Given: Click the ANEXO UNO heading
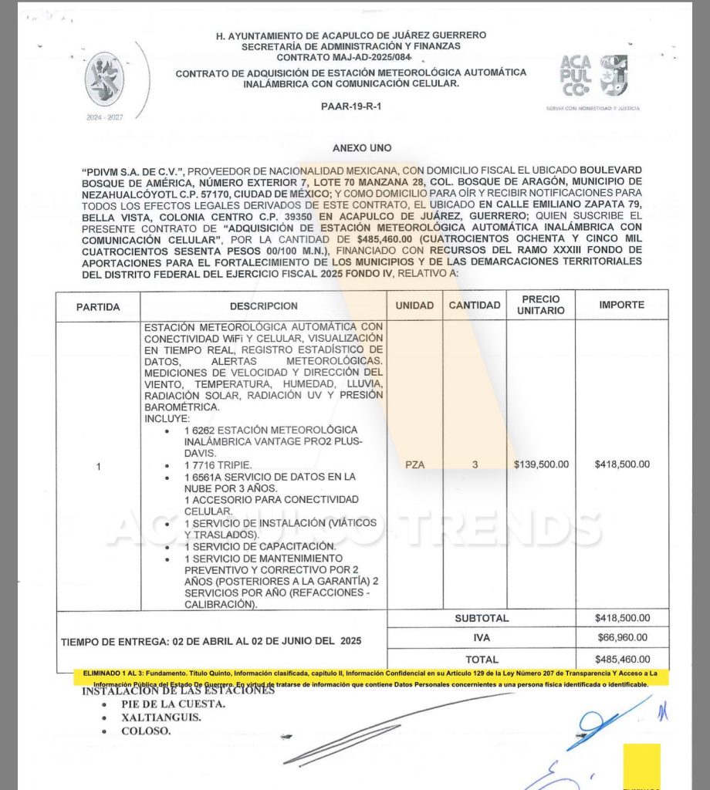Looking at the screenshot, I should (361, 147).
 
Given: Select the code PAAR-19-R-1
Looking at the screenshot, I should (350, 106).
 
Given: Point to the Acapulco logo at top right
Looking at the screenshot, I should (594, 78).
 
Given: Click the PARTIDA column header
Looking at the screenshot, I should (98, 306).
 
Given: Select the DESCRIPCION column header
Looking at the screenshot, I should (263, 306).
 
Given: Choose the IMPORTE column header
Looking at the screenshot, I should (621, 306).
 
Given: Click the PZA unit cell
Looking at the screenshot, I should (414, 465).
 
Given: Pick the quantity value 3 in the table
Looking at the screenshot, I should (475, 465).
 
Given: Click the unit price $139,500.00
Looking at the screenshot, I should (541, 465).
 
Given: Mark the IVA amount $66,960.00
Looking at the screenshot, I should (622, 638).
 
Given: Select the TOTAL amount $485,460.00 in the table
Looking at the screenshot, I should (622, 660).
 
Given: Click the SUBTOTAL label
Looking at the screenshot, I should (482, 618).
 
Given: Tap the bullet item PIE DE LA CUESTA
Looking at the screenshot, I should (174, 704).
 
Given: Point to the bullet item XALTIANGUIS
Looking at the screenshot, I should (162, 717).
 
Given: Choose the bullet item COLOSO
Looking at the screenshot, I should (147, 731).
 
